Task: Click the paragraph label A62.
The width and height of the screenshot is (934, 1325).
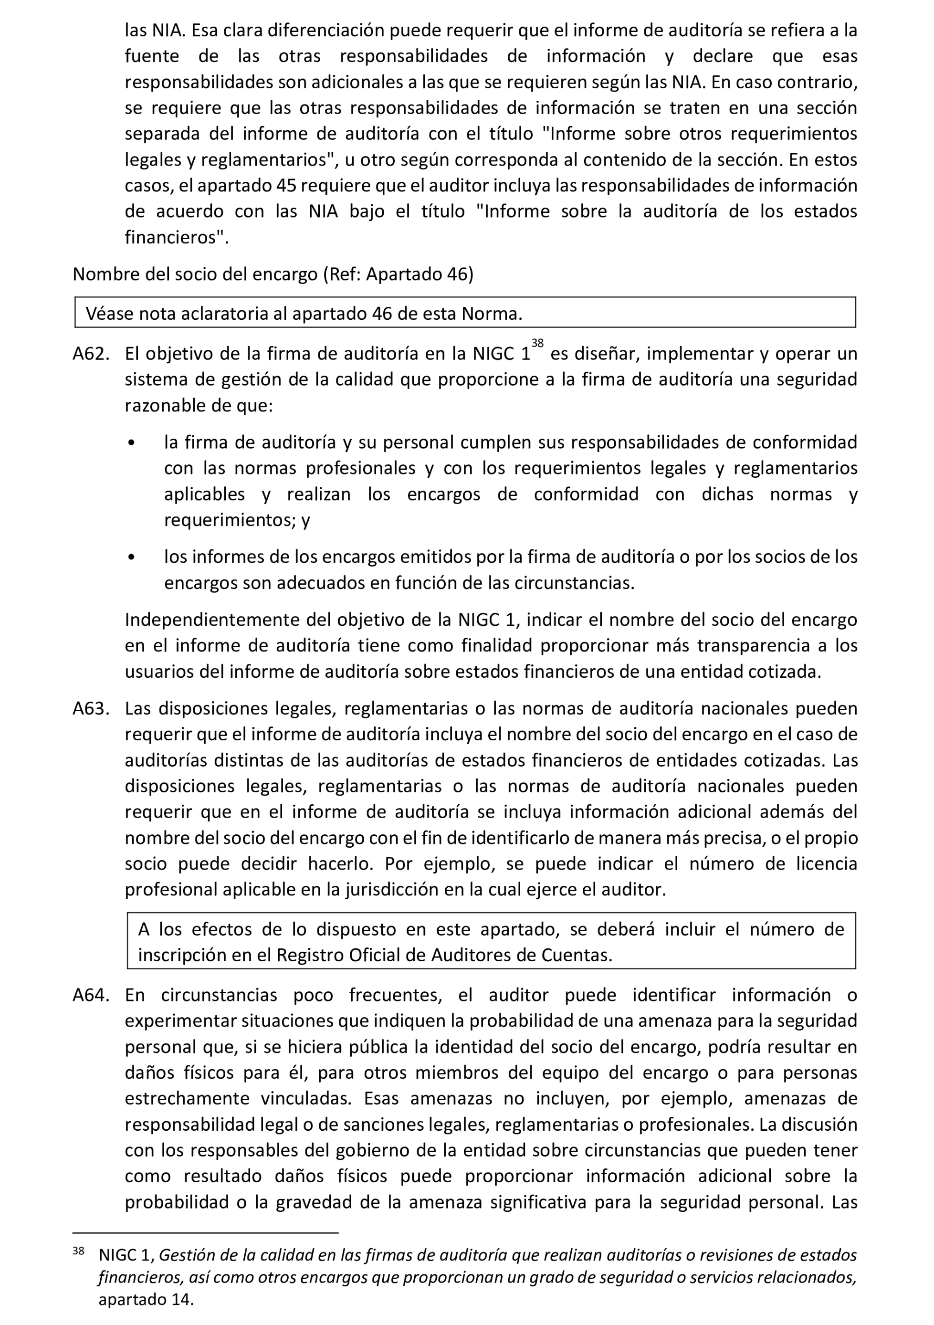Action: (91, 354)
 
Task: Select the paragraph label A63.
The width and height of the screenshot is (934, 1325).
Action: (91, 709)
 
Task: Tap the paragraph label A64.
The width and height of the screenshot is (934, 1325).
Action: (91, 995)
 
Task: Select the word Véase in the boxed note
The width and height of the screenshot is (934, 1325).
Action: (109, 314)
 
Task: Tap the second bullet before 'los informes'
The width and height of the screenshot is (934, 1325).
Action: (132, 557)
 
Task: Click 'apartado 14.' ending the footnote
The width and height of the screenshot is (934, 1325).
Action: (146, 1300)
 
